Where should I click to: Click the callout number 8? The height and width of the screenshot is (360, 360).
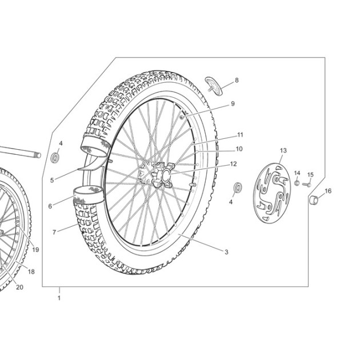click(237, 80)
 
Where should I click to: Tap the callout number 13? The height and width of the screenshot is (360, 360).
click(283, 150)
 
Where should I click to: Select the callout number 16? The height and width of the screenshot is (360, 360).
click(329, 191)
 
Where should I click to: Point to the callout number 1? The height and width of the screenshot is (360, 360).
click(59, 298)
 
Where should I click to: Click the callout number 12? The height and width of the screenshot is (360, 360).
click(233, 164)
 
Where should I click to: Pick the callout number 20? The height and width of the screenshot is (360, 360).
click(20, 287)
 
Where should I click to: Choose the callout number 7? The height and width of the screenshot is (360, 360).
click(54, 233)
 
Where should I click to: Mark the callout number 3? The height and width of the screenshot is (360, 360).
click(226, 252)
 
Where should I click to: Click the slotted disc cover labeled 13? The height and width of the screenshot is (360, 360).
click(272, 193)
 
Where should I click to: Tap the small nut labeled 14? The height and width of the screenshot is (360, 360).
click(297, 183)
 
